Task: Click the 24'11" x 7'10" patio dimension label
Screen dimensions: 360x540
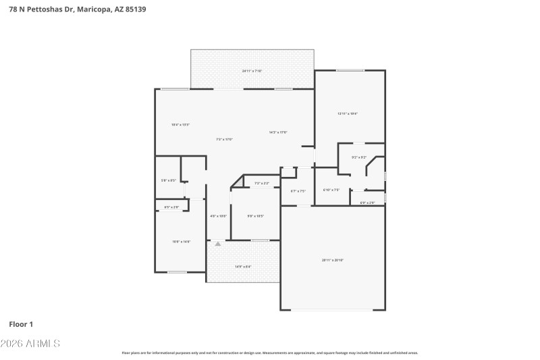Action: point(252,71)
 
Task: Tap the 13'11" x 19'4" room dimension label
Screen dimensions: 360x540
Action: point(347,113)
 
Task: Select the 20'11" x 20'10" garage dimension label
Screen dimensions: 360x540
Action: point(333,260)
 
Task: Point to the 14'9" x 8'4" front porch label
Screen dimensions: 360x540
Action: point(242,267)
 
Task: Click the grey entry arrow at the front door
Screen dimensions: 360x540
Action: point(217,245)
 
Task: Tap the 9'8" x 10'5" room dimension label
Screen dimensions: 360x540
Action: point(255,216)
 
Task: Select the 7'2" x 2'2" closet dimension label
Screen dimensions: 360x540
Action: point(261,184)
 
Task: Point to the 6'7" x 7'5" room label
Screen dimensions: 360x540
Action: point(298,191)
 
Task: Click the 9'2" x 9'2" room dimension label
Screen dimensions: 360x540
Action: point(358,157)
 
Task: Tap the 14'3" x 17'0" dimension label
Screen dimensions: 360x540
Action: point(278,132)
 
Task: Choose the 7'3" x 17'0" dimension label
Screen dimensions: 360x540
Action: point(224,139)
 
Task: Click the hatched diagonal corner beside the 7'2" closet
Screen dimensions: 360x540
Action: point(237,182)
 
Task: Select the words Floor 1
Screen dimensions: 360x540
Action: point(21,324)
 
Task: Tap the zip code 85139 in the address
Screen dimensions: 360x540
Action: point(136,9)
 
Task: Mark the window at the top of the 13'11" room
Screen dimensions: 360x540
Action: point(350,71)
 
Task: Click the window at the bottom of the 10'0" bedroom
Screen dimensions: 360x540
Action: point(177,272)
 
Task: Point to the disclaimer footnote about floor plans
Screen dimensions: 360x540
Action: point(270,353)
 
